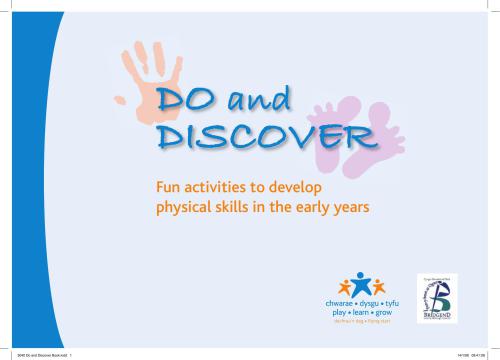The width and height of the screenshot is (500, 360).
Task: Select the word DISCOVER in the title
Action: (254, 136)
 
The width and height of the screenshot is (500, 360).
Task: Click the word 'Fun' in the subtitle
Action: (162, 187)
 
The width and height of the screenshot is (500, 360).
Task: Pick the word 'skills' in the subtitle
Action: (234, 207)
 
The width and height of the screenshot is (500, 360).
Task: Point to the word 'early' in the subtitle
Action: (319, 207)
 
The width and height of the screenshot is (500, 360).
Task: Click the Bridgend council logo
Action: (436, 297)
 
